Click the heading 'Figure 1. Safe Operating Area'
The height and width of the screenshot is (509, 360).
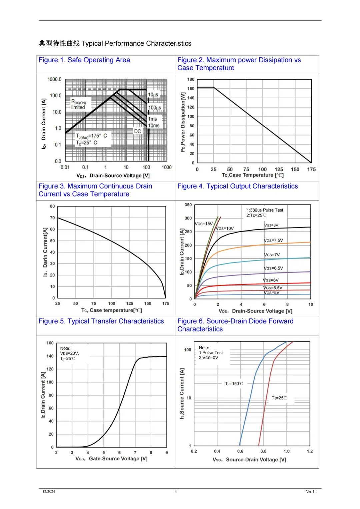pos(84,60)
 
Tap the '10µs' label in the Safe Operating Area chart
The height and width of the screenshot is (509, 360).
pos(153,95)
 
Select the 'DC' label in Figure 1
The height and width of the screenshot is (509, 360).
pos(137,131)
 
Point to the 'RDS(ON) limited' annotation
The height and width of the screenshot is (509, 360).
pos(79,104)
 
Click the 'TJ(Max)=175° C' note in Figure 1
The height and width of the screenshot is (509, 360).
pos(91,136)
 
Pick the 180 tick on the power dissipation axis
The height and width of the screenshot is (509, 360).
pos(191,79)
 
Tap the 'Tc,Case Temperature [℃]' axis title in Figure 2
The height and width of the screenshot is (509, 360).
pos(253,175)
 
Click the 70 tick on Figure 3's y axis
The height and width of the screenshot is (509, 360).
pos(52,218)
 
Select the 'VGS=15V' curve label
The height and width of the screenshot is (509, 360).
pos(204,224)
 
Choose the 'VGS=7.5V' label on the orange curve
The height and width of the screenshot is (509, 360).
pos(273,241)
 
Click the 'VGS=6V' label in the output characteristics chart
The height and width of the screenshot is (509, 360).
pos(271,280)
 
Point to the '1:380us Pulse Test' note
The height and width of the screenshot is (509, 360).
pos(265,210)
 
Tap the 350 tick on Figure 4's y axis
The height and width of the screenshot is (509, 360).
pos(188,205)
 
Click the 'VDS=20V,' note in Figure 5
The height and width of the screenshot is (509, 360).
pos(69,353)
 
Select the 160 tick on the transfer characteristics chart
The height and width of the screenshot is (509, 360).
pos(50,343)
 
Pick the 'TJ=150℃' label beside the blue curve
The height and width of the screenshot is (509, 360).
pos(234,383)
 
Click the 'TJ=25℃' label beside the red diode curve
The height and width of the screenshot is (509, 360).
pos(279,398)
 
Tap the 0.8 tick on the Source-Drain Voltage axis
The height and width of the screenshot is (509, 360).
pos(263,451)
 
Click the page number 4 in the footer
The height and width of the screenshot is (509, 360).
pos(176,491)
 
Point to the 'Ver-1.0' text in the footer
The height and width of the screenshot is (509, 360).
pos(312,491)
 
